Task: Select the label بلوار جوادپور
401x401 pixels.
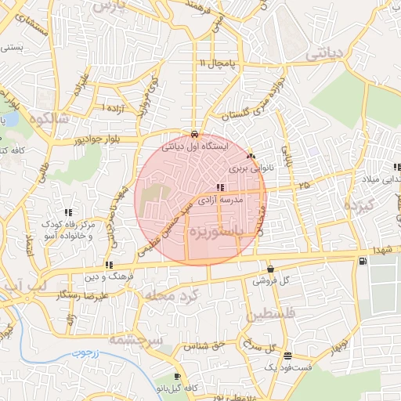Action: [x=78, y=142]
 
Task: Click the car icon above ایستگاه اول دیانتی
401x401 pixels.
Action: [x=195, y=132]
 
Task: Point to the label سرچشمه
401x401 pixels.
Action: [x=134, y=340]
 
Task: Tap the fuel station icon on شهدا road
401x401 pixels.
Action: [x=362, y=262]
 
